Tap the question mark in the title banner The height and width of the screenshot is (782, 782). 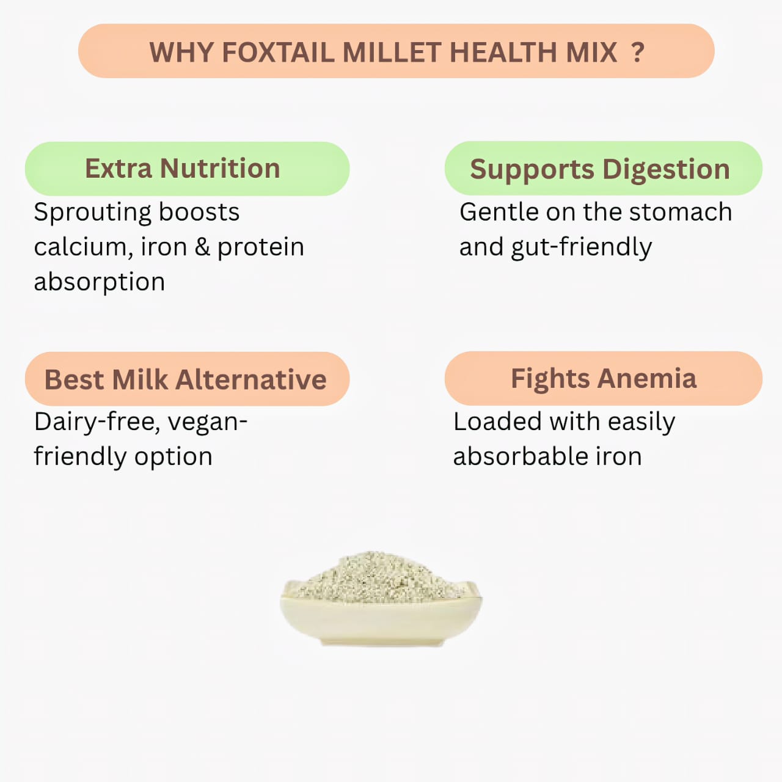637,53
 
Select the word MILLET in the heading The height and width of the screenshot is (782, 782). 391,53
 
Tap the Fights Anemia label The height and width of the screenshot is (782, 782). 603,378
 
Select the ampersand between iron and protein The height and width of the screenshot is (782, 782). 202,247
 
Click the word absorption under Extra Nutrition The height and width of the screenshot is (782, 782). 100,282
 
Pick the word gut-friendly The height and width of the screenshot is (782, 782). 581,247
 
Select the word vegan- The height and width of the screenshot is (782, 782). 207,422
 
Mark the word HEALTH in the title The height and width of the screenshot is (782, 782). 502,53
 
